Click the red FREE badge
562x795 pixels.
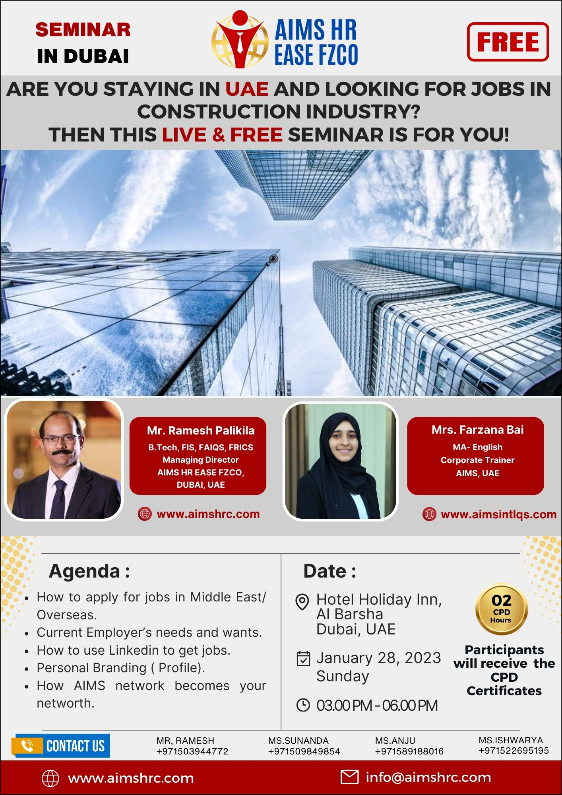click(x=508, y=42)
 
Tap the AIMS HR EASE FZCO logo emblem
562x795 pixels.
click(x=240, y=40)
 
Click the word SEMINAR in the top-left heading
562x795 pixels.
click(x=83, y=30)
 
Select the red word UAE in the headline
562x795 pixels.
click(x=247, y=89)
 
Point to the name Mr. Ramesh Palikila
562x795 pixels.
click(x=201, y=430)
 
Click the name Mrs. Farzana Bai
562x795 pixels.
click(x=477, y=430)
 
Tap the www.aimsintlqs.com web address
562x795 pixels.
click(x=498, y=514)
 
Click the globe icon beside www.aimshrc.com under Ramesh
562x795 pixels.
click(x=145, y=514)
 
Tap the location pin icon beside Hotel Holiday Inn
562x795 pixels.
click(x=302, y=602)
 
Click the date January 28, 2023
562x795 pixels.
click(x=378, y=658)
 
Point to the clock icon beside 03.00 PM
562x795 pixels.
click(x=303, y=705)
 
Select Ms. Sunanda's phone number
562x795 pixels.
click(x=304, y=751)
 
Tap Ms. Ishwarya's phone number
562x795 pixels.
click(x=514, y=750)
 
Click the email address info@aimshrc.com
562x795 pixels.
click(x=428, y=777)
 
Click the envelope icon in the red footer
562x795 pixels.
click(x=349, y=777)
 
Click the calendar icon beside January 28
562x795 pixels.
click(x=303, y=658)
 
